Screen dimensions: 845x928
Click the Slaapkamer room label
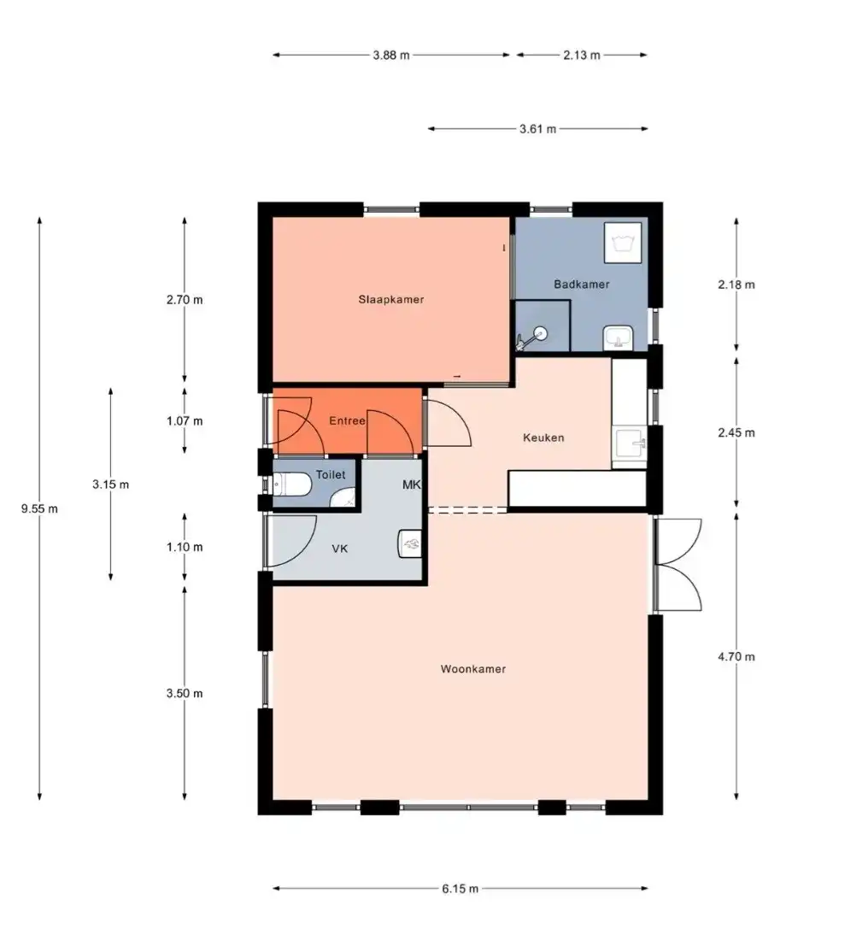[x=391, y=299]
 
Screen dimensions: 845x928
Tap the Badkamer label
[x=581, y=284]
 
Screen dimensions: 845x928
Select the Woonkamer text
[x=472, y=669]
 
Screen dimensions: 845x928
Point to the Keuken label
[x=543, y=438]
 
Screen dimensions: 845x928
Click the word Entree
[x=348, y=420]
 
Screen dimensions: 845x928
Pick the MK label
[x=411, y=485]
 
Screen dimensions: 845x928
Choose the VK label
[x=340, y=549]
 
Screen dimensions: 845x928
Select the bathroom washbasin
[x=619, y=338]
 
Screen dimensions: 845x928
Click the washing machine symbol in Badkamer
[x=623, y=243]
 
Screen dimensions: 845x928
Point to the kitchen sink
[x=629, y=443]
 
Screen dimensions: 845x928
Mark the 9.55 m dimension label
[x=39, y=508]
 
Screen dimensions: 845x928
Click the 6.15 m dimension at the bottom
[x=460, y=889]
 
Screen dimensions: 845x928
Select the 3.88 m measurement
[x=391, y=55]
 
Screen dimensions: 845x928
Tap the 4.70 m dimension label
[x=736, y=656]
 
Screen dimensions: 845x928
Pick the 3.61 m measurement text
[x=538, y=129]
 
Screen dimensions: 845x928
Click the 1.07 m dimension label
[x=185, y=420]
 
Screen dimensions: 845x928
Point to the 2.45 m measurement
[x=736, y=432]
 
